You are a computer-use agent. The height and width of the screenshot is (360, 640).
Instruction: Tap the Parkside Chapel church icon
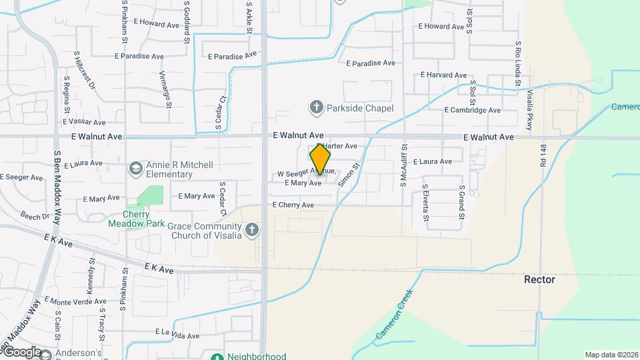tap(316, 107)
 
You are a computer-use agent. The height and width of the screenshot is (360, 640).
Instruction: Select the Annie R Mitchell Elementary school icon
tap(136, 168)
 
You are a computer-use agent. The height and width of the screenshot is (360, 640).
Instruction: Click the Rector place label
tap(539, 279)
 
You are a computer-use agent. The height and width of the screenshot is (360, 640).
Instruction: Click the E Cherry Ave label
tap(293, 205)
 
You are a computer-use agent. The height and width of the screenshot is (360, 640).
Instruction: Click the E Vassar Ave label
tap(84, 122)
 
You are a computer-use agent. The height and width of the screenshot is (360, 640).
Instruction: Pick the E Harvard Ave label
tap(443, 75)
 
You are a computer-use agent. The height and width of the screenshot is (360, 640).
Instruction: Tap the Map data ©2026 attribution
tap(610, 355)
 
